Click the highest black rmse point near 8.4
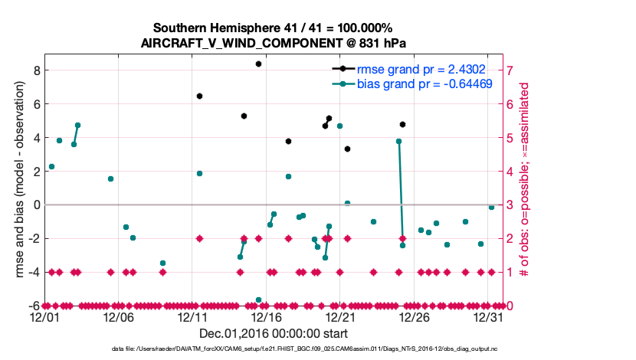258,64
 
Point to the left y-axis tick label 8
34,70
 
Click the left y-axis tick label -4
32,272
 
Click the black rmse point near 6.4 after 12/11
199,96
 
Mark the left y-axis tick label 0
34,205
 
